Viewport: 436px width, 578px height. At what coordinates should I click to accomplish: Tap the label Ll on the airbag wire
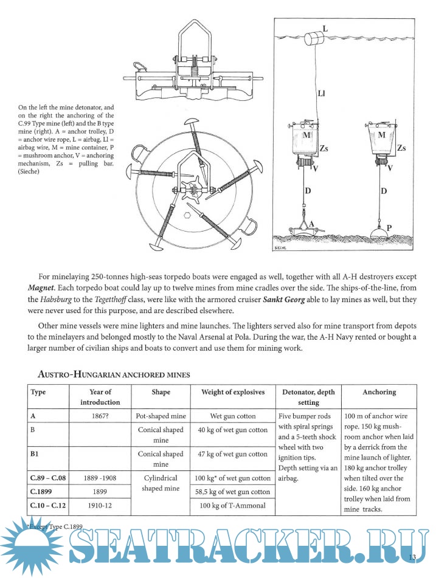coord(323,94)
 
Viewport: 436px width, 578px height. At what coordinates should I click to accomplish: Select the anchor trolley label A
coord(312,224)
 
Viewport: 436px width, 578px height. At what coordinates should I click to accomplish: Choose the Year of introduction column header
coord(100,397)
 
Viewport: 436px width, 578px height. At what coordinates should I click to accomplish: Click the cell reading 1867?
coord(100,417)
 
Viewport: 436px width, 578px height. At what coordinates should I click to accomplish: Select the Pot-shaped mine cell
coord(161,417)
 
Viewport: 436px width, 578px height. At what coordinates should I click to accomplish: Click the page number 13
coord(411,557)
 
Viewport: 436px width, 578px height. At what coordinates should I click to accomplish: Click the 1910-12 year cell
coord(100,505)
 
